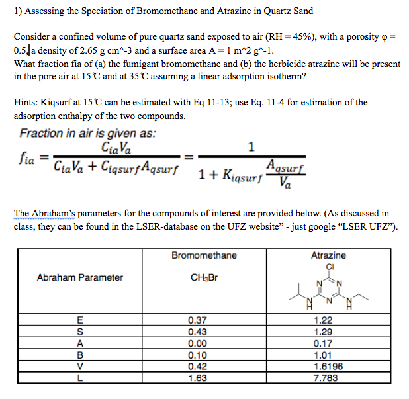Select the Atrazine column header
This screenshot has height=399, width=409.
click(328, 255)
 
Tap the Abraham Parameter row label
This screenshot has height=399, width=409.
click(79, 277)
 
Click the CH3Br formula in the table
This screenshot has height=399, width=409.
click(203, 277)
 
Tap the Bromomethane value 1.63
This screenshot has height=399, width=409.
click(197, 378)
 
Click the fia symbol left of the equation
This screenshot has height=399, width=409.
click(24, 161)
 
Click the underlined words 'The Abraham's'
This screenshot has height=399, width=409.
click(42, 213)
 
